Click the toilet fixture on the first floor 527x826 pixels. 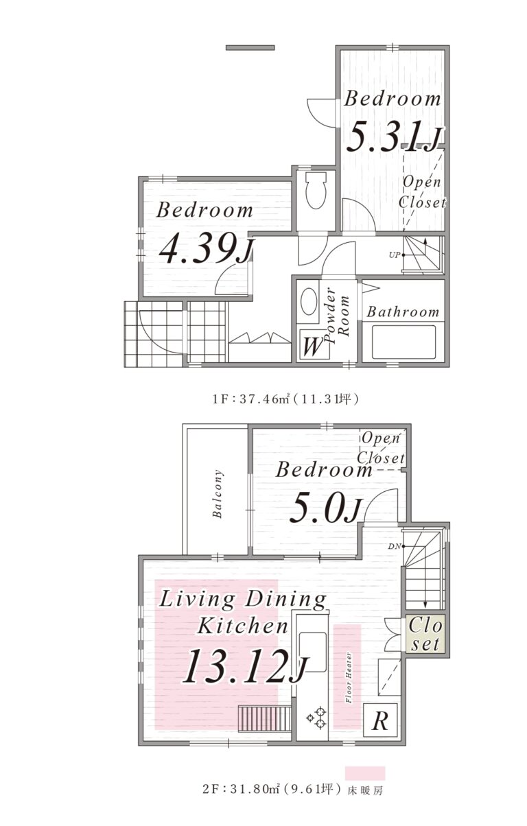(316, 189)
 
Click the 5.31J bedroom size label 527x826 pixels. (394, 137)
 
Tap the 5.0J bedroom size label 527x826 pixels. (325, 510)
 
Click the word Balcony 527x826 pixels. (218, 494)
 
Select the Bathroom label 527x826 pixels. (403, 312)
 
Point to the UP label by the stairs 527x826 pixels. (395, 255)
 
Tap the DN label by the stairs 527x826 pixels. (393, 547)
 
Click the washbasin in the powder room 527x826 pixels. (309, 301)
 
